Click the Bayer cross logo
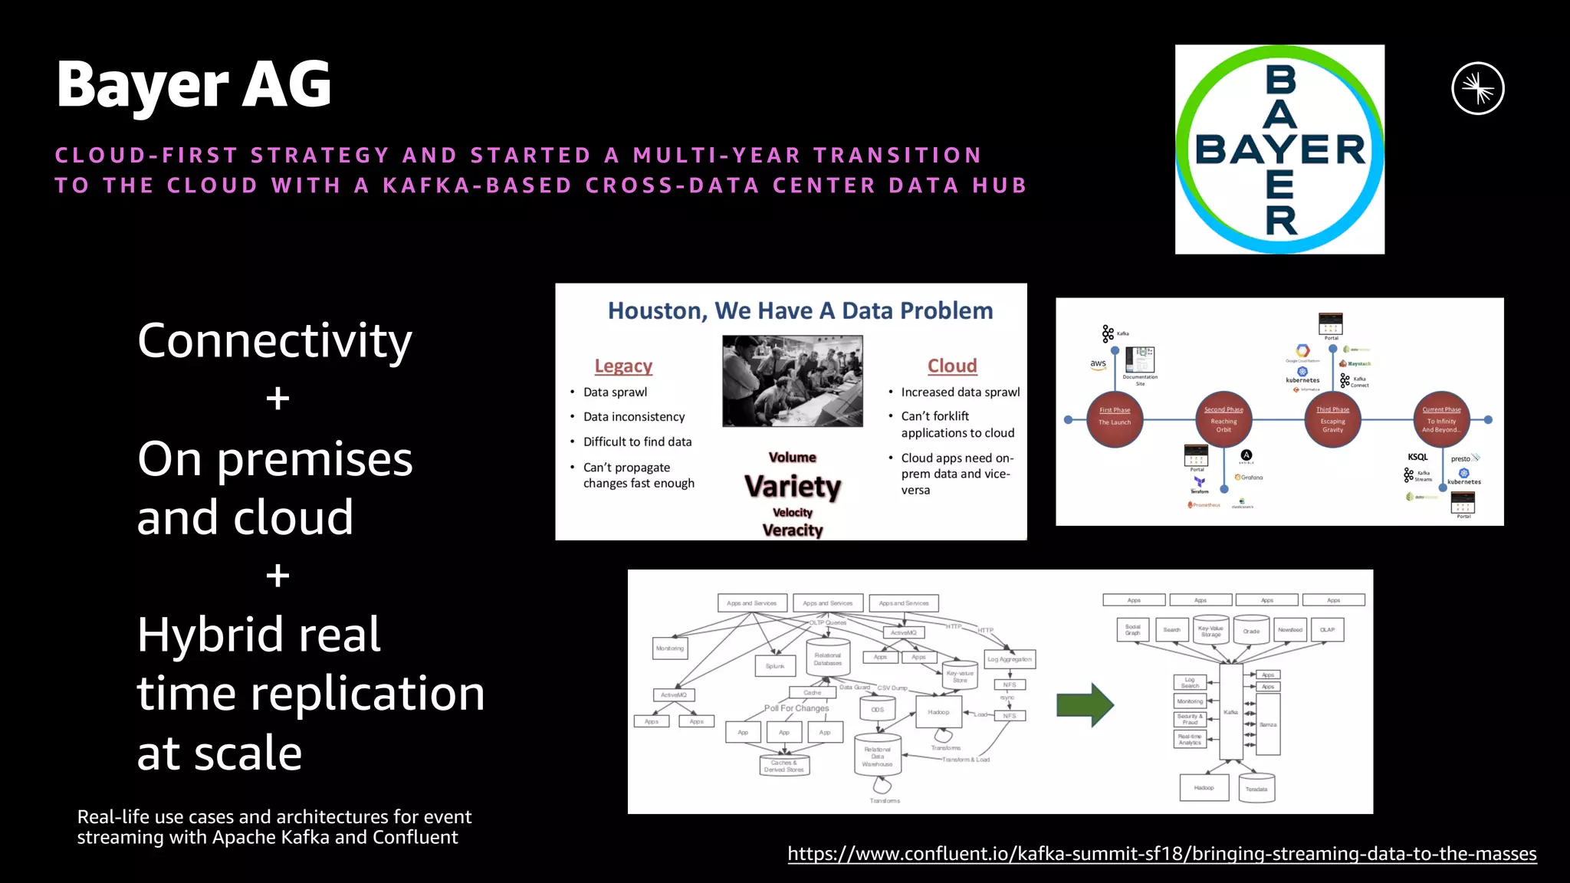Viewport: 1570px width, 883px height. click(1279, 149)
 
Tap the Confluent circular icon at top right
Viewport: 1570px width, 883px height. click(1477, 89)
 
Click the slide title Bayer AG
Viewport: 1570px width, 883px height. click(194, 84)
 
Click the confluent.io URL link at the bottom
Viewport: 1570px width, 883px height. click(1161, 853)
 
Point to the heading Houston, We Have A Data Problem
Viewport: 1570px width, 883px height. click(800, 310)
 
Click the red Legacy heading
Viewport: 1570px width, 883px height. click(623, 366)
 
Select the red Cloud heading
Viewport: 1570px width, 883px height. click(952, 366)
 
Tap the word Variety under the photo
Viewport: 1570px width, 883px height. click(792, 486)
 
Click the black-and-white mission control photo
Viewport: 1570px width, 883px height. click(792, 381)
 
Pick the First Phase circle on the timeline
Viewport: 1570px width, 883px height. click(1114, 419)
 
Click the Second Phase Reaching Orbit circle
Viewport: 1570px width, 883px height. click(1223, 419)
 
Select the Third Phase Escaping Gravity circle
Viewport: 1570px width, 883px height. click(1332, 419)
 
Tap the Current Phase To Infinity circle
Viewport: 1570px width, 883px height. click(1441, 419)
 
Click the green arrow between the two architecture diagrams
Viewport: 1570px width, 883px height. click(1085, 704)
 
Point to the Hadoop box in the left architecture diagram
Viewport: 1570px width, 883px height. click(938, 713)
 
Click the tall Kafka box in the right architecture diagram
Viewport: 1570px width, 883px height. click(1230, 711)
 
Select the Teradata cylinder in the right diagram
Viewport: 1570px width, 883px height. click(1256, 789)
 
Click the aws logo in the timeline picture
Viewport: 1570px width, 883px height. click(1098, 364)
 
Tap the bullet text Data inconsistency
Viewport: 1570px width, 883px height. click(633, 417)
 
